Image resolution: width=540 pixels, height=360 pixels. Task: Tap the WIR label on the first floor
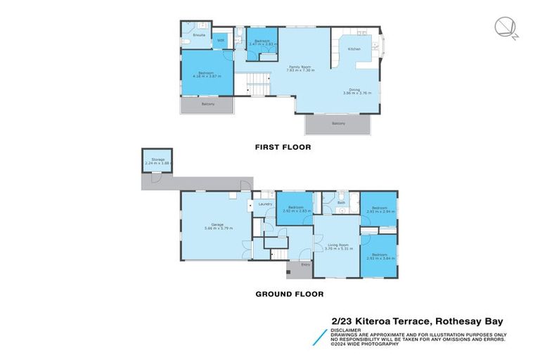point(220,40)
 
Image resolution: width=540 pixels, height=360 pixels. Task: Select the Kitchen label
point(355,49)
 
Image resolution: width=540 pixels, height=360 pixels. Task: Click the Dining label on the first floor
point(356,89)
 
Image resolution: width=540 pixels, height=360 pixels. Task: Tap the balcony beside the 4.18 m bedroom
point(207,104)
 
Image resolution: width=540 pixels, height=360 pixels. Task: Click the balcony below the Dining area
point(337,124)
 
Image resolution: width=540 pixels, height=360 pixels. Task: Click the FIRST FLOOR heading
point(282,148)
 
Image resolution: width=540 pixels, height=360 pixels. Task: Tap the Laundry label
point(265,204)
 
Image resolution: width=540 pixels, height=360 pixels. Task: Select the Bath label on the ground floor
point(341,202)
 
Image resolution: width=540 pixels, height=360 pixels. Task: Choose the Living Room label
point(336,245)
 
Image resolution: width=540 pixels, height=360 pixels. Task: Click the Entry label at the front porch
point(305,264)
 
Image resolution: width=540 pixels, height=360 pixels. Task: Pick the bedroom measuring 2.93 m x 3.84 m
point(378,256)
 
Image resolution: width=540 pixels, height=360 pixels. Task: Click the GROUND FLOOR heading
point(289,295)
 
